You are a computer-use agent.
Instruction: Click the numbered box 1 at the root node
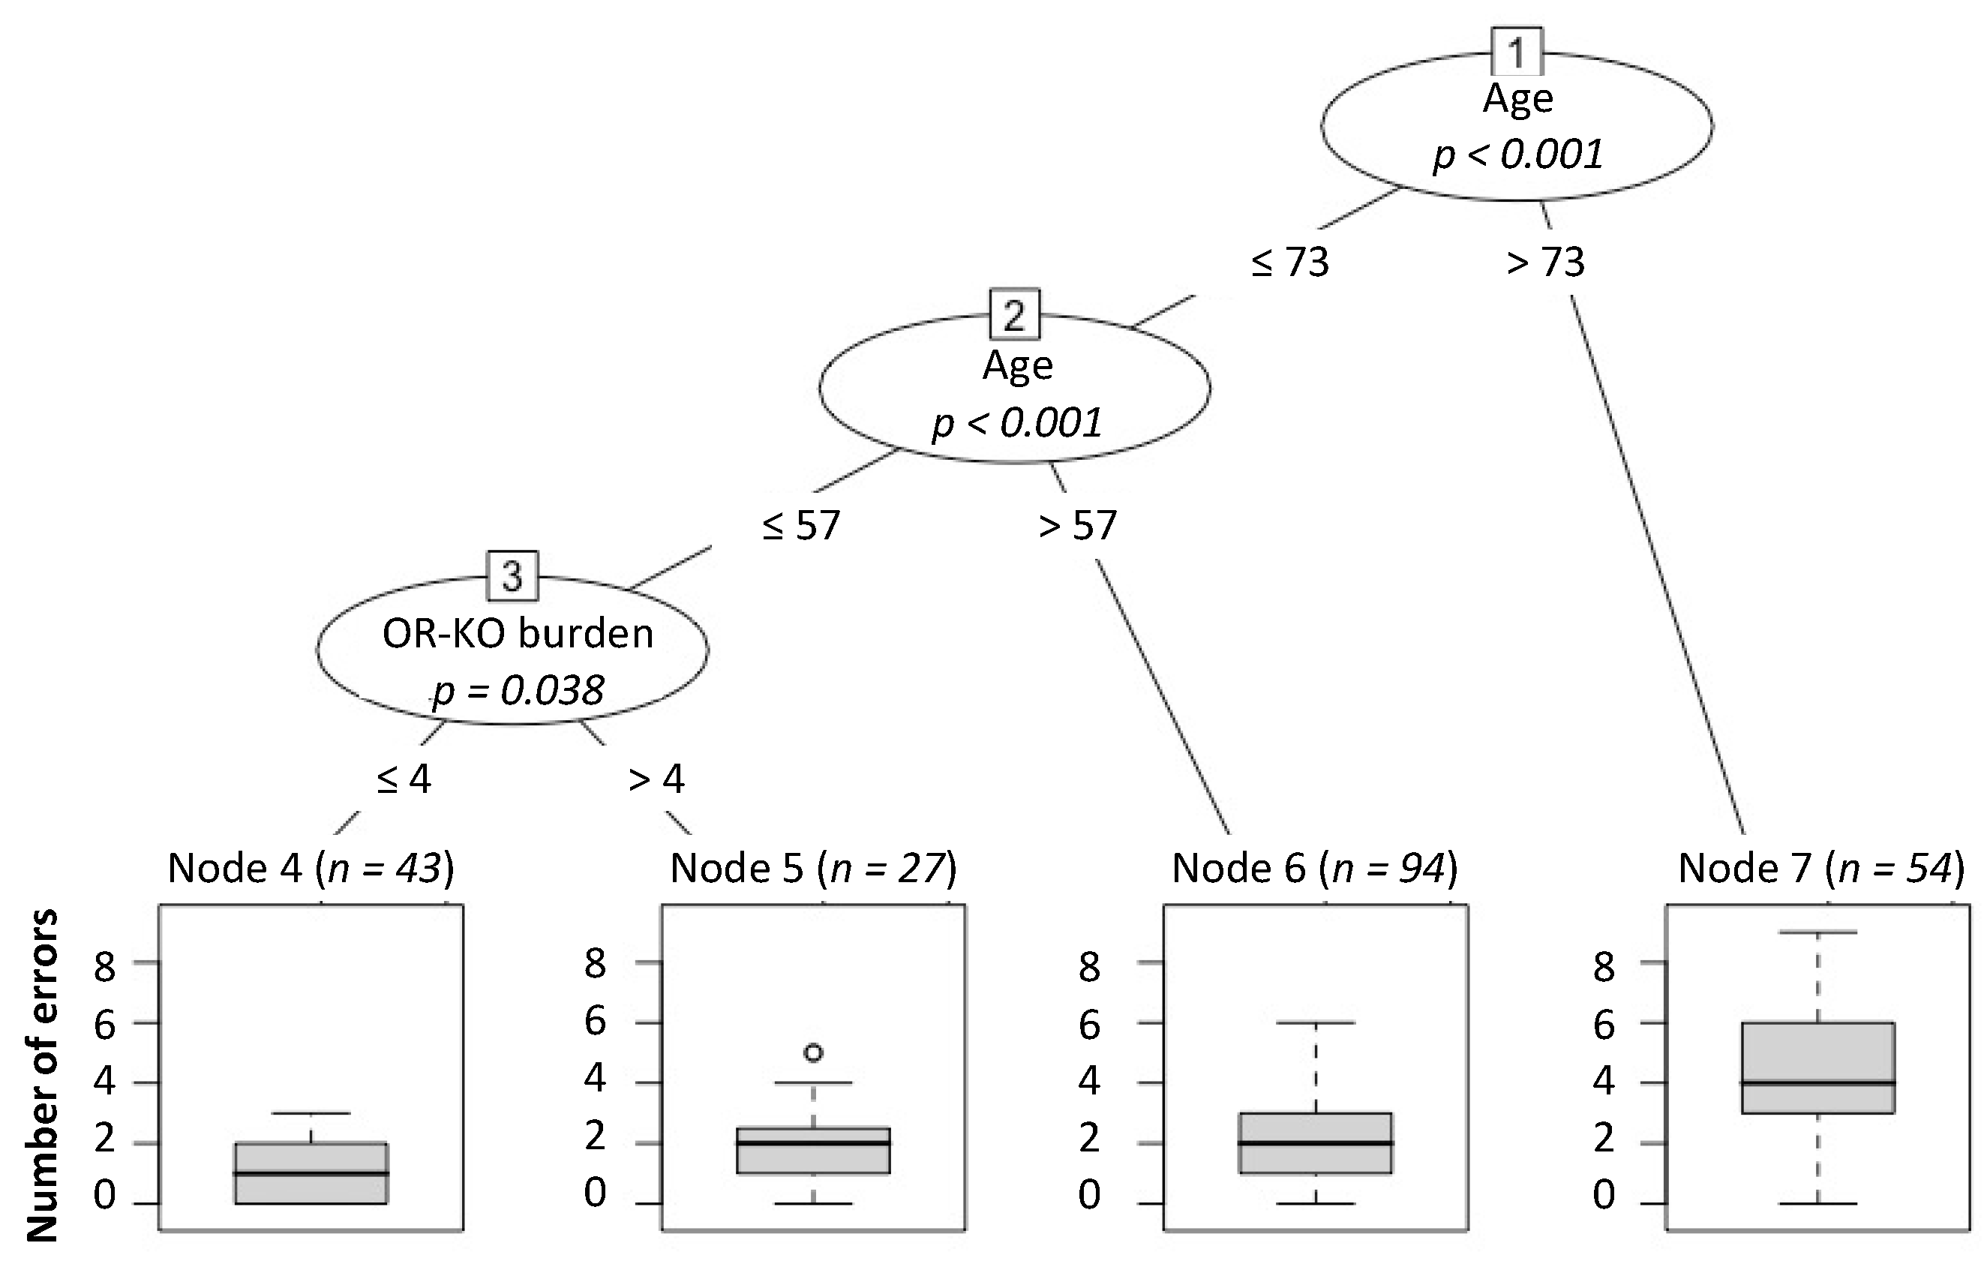click(x=1517, y=53)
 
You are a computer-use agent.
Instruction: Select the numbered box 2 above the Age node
click(x=1014, y=314)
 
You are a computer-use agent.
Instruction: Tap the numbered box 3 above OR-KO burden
click(x=512, y=576)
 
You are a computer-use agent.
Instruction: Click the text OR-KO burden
click(x=518, y=634)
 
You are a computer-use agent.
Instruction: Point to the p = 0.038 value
click(x=518, y=690)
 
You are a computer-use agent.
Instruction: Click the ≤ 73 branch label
click(x=1289, y=263)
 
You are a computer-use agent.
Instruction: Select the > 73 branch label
click(x=1545, y=263)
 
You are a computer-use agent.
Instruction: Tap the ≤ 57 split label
click(x=800, y=525)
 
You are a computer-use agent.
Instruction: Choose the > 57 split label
click(x=1078, y=525)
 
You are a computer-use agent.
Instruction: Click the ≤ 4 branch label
click(x=404, y=779)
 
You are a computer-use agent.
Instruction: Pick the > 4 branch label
click(x=657, y=779)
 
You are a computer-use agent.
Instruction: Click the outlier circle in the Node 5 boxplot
click(x=814, y=1052)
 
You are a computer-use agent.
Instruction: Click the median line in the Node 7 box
click(x=1817, y=1083)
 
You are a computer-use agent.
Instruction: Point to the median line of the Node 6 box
click(x=1316, y=1143)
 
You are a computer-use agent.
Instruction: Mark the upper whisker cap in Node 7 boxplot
click(x=1817, y=932)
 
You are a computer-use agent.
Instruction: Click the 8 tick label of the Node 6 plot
click(x=1089, y=965)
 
